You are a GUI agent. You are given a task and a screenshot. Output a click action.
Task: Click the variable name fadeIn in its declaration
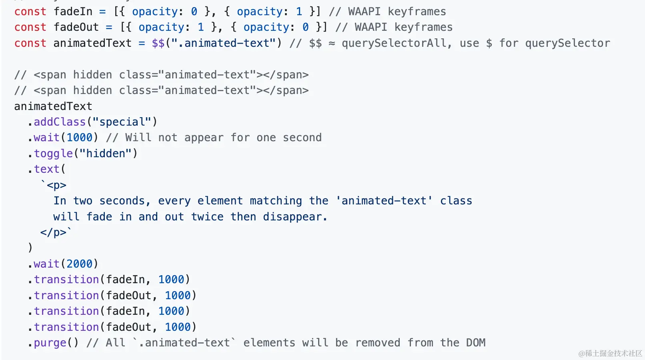point(73,12)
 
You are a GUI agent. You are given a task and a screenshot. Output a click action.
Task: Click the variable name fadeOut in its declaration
point(76,27)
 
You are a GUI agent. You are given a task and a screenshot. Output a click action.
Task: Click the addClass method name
point(60,122)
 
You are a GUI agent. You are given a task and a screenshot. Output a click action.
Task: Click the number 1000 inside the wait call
point(79,138)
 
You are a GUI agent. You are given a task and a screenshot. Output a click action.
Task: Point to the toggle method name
point(53,154)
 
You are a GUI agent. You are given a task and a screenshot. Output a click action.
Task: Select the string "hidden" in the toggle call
point(106,154)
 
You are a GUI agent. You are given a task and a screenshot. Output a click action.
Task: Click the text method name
point(46,169)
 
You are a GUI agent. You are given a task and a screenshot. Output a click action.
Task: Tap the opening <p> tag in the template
point(56,185)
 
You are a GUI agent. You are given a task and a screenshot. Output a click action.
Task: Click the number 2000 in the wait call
point(79,264)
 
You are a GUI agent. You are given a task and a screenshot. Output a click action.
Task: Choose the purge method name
point(50,343)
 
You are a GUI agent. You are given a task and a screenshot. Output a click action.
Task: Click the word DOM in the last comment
point(475,343)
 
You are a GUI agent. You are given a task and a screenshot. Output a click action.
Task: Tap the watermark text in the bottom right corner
point(610,353)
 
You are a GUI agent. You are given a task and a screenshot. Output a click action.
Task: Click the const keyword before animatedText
point(30,43)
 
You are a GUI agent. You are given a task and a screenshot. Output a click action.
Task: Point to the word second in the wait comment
point(302,138)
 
